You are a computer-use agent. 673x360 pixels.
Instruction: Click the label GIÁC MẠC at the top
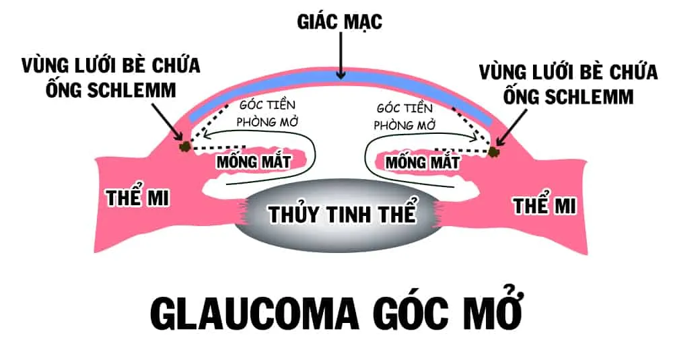pos(340,21)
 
